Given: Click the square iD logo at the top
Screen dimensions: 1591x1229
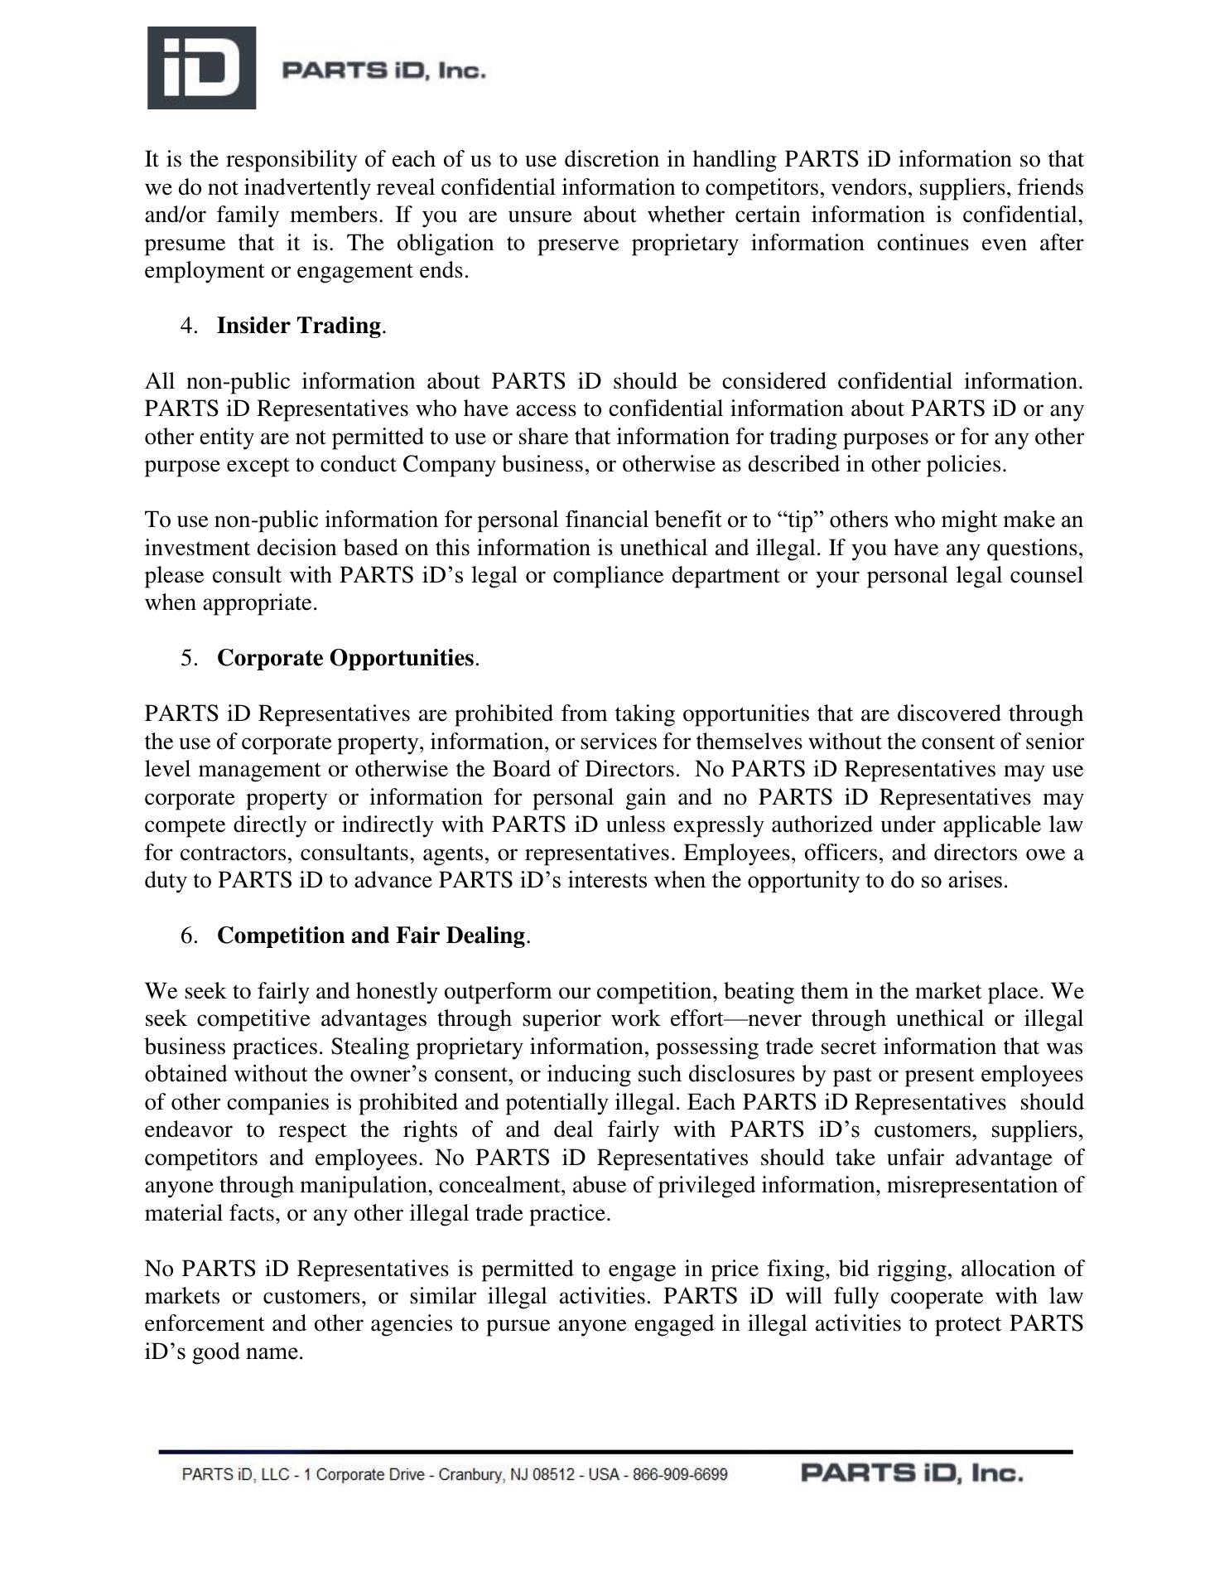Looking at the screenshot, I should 201,68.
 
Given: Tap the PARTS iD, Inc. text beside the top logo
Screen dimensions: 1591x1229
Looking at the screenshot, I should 383,71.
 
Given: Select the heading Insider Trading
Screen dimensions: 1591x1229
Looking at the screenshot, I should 299,326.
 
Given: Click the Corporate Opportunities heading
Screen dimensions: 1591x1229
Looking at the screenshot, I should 345,658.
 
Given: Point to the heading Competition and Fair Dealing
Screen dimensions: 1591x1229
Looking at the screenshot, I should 371,936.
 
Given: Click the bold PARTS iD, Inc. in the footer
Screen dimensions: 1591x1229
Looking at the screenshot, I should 911,1474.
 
